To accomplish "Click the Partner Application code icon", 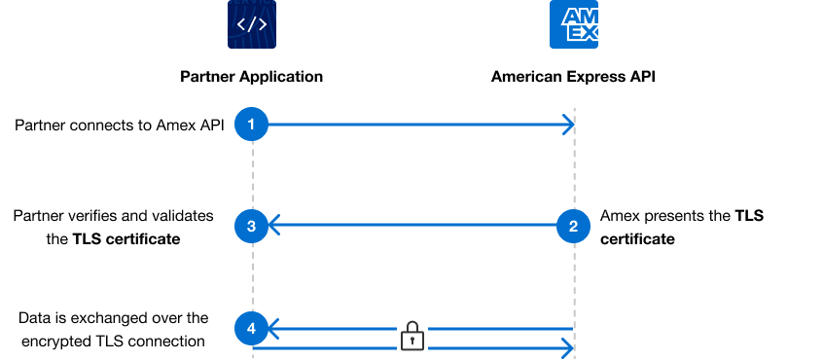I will point(252,24).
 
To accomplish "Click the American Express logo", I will point(574,24).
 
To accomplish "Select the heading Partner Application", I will point(252,76).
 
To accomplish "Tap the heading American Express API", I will point(573,76).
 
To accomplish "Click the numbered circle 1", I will point(252,124).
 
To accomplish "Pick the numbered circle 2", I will point(573,227).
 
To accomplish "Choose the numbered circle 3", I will point(252,227).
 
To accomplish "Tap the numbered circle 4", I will point(252,329).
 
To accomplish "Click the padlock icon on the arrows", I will point(413,337).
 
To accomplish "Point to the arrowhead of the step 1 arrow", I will point(568,124).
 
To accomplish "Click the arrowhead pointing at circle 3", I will point(274,227).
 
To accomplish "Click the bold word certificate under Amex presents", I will point(637,238).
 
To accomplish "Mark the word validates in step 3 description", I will point(184,216).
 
